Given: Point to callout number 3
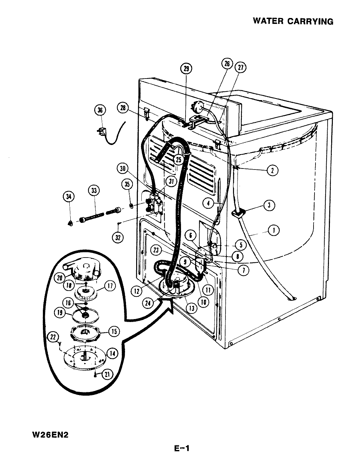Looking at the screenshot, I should coord(269,205).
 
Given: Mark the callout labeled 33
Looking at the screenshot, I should coord(94,190).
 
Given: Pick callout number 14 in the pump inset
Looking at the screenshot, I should coord(112,353).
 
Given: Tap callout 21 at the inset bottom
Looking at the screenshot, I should coord(106,374).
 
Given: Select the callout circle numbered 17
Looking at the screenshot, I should coord(110,286).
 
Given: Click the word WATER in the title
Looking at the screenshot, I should coord(268,22).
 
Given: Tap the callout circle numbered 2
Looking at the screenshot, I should coord(272,170).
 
